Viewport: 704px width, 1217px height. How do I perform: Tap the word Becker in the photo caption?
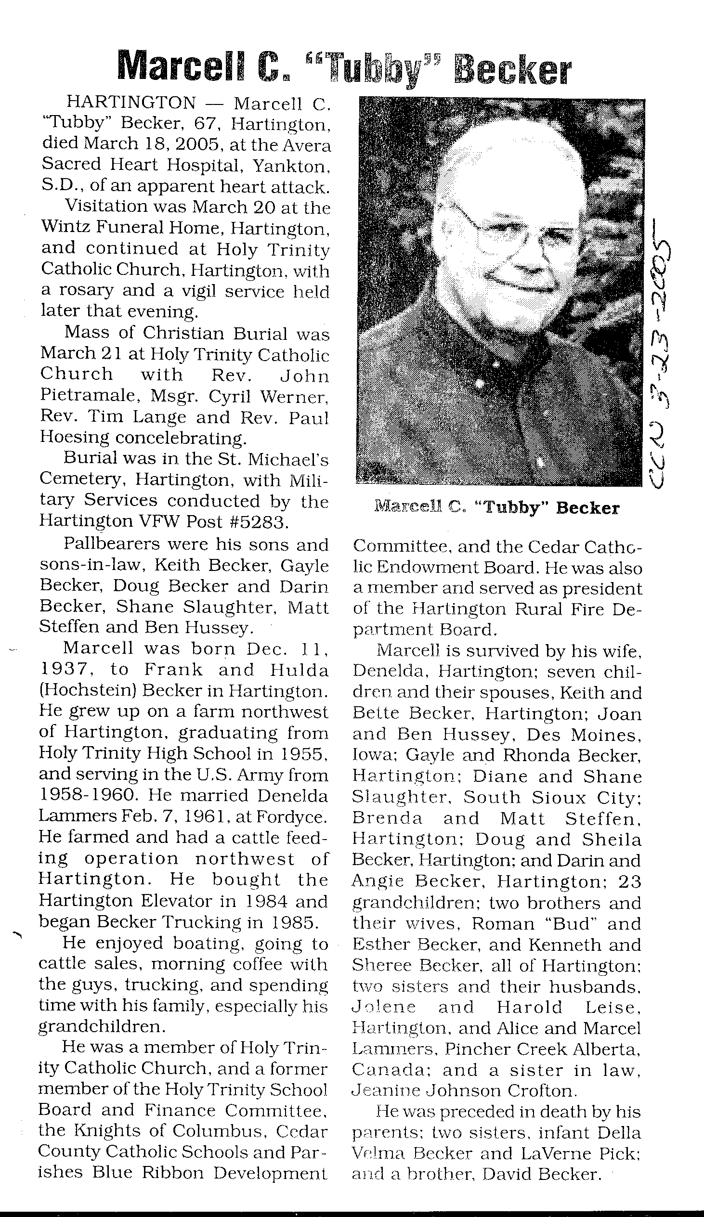pos(587,508)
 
